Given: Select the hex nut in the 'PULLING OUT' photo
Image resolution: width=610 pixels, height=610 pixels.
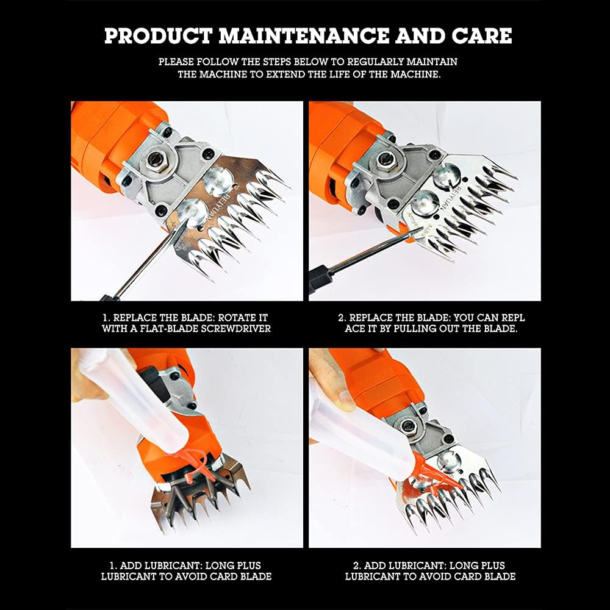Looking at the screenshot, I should (384, 160).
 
